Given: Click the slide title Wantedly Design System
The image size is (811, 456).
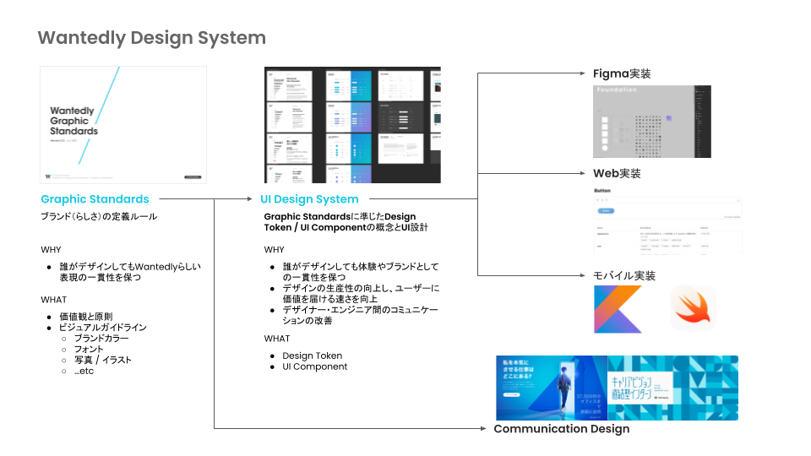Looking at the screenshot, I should [x=152, y=38].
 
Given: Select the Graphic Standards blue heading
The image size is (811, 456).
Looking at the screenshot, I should [x=95, y=199].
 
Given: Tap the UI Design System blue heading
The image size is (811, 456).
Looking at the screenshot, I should [x=308, y=199].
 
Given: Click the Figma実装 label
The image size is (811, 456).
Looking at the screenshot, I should [x=622, y=73].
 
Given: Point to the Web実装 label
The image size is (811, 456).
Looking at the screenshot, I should [x=617, y=173].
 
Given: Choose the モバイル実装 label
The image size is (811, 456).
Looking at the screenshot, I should [x=624, y=275].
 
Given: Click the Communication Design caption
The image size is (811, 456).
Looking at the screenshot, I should [x=561, y=429].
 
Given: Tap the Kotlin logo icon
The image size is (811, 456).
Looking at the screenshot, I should [x=617, y=307].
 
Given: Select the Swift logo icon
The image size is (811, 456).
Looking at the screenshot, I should [x=693, y=307].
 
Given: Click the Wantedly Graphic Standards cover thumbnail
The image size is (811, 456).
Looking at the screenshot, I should [x=123, y=124].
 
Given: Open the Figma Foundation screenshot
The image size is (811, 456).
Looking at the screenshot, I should [x=651, y=121].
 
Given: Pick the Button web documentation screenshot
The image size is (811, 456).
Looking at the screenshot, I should [x=667, y=220].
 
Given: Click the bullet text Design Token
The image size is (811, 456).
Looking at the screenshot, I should [x=312, y=356].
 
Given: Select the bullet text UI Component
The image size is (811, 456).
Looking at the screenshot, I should [x=314, y=366].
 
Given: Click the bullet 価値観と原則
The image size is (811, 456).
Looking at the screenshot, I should [x=84, y=316].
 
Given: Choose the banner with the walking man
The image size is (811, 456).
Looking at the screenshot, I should [x=551, y=388].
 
